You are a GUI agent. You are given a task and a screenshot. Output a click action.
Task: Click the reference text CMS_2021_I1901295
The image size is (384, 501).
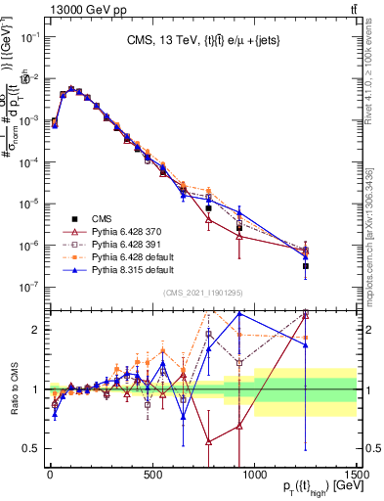202,295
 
